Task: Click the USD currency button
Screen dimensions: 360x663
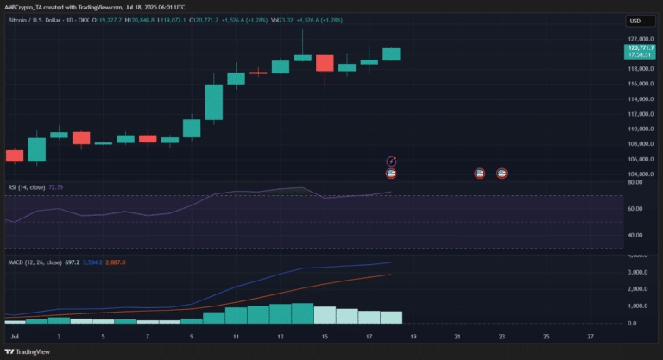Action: (635, 21)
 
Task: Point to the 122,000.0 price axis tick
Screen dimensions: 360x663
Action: (640, 39)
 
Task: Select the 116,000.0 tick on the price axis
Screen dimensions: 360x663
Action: (640, 84)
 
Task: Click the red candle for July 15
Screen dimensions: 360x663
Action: (325, 63)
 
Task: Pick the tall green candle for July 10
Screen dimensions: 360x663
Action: (213, 102)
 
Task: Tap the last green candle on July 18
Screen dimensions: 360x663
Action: (391, 54)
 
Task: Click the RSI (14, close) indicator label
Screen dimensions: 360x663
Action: (26, 186)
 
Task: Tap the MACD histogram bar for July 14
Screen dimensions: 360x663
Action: (302, 313)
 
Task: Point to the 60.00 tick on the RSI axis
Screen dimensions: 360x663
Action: (635, 209)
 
